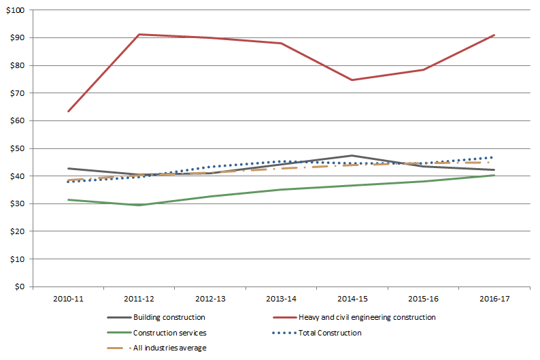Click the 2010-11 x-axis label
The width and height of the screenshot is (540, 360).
click(x=67, y=298)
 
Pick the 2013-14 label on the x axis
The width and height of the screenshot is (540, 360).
click(x=281, y=298)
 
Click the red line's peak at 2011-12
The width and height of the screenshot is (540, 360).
click(x=139, y=34)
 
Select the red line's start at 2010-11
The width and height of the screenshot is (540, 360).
click(x=67, y=111)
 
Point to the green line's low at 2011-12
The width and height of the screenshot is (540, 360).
click(x=139, y=205)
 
